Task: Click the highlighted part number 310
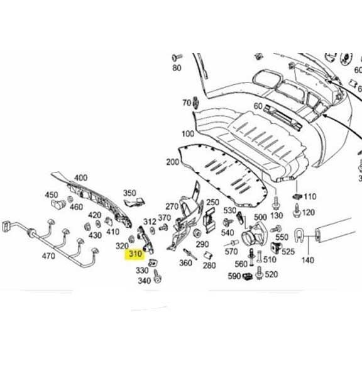click(134, 254)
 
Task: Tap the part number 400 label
click(81, 178)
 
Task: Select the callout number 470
click(48, 256)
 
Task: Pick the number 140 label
click(307, 259)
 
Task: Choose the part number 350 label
click(129, 193)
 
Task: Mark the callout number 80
click(177, 68)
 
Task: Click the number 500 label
click(260, 217)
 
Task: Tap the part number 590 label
click(234, 276)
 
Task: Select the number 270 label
click(172, 206)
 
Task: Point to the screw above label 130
click(275, 203)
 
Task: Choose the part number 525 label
click(288, 252)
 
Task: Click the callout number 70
click(187, 103)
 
